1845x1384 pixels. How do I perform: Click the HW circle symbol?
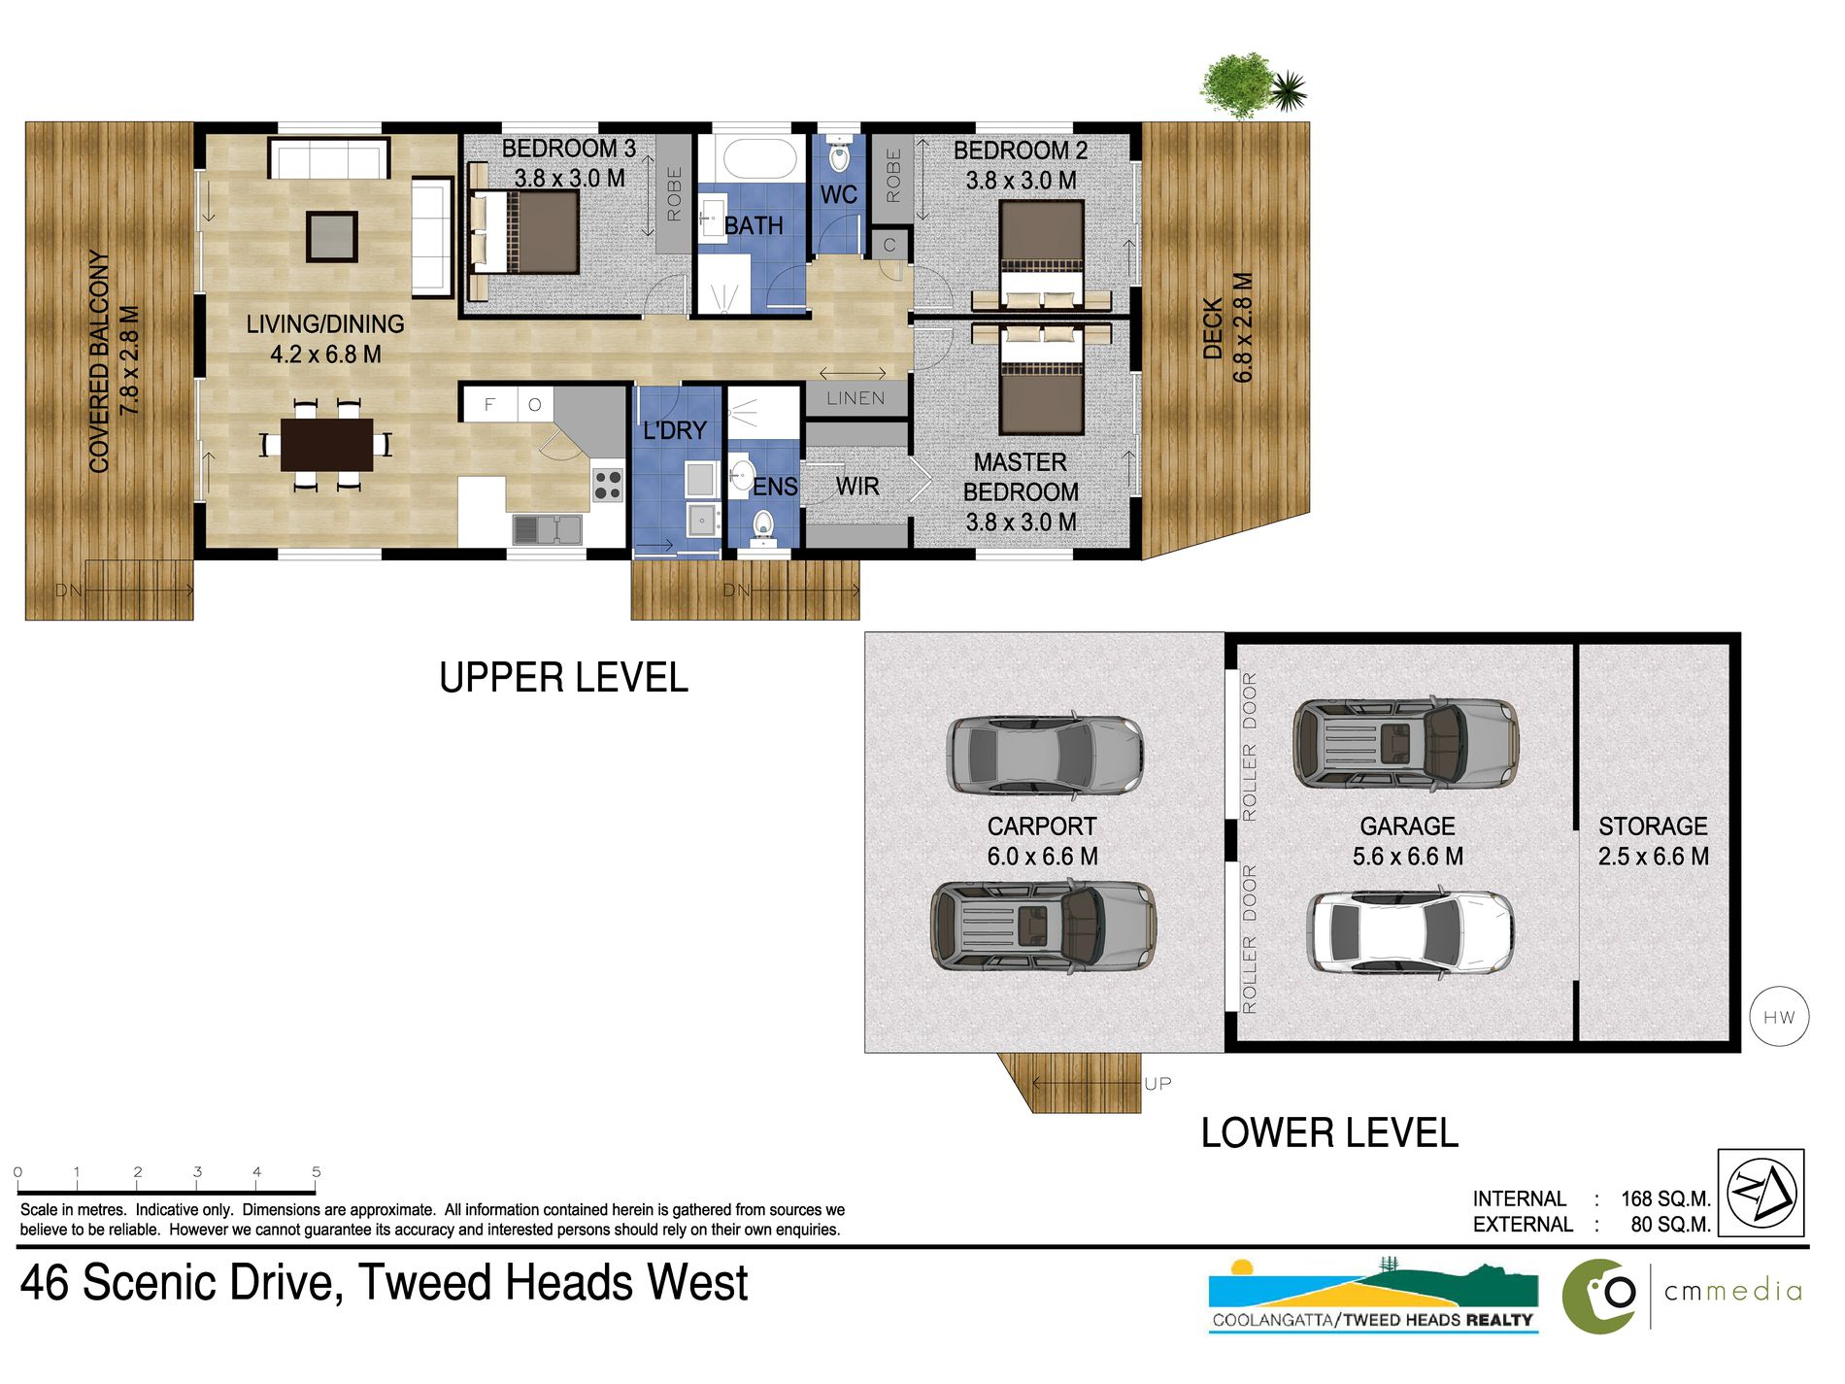pos(1779,1017)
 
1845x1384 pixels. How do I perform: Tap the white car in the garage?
pos(1410,932)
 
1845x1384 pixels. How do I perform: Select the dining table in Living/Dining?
pos(326,445)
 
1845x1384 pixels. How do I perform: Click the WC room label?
pos(838,194)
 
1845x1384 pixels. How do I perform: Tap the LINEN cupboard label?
pos(855,398)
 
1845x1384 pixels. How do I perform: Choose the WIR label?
pos(857,486)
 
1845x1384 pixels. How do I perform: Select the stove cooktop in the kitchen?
pos(608,485)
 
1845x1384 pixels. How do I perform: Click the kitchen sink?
pos(547,529)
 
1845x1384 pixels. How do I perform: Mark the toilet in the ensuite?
pos(763,523)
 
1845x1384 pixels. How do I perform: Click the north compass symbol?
pos(1761,1193)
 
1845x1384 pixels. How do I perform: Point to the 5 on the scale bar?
pos(317,1171)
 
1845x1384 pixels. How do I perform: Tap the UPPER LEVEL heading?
pos(563,678)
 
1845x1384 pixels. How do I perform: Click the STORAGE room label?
pos(1653,826)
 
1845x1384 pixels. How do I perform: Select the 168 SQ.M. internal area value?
pos(1665,1198)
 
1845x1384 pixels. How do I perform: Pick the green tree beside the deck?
pos(1237,85)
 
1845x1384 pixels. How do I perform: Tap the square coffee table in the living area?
pos(332,236)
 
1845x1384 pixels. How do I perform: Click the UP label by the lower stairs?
pos(1157,1083)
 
